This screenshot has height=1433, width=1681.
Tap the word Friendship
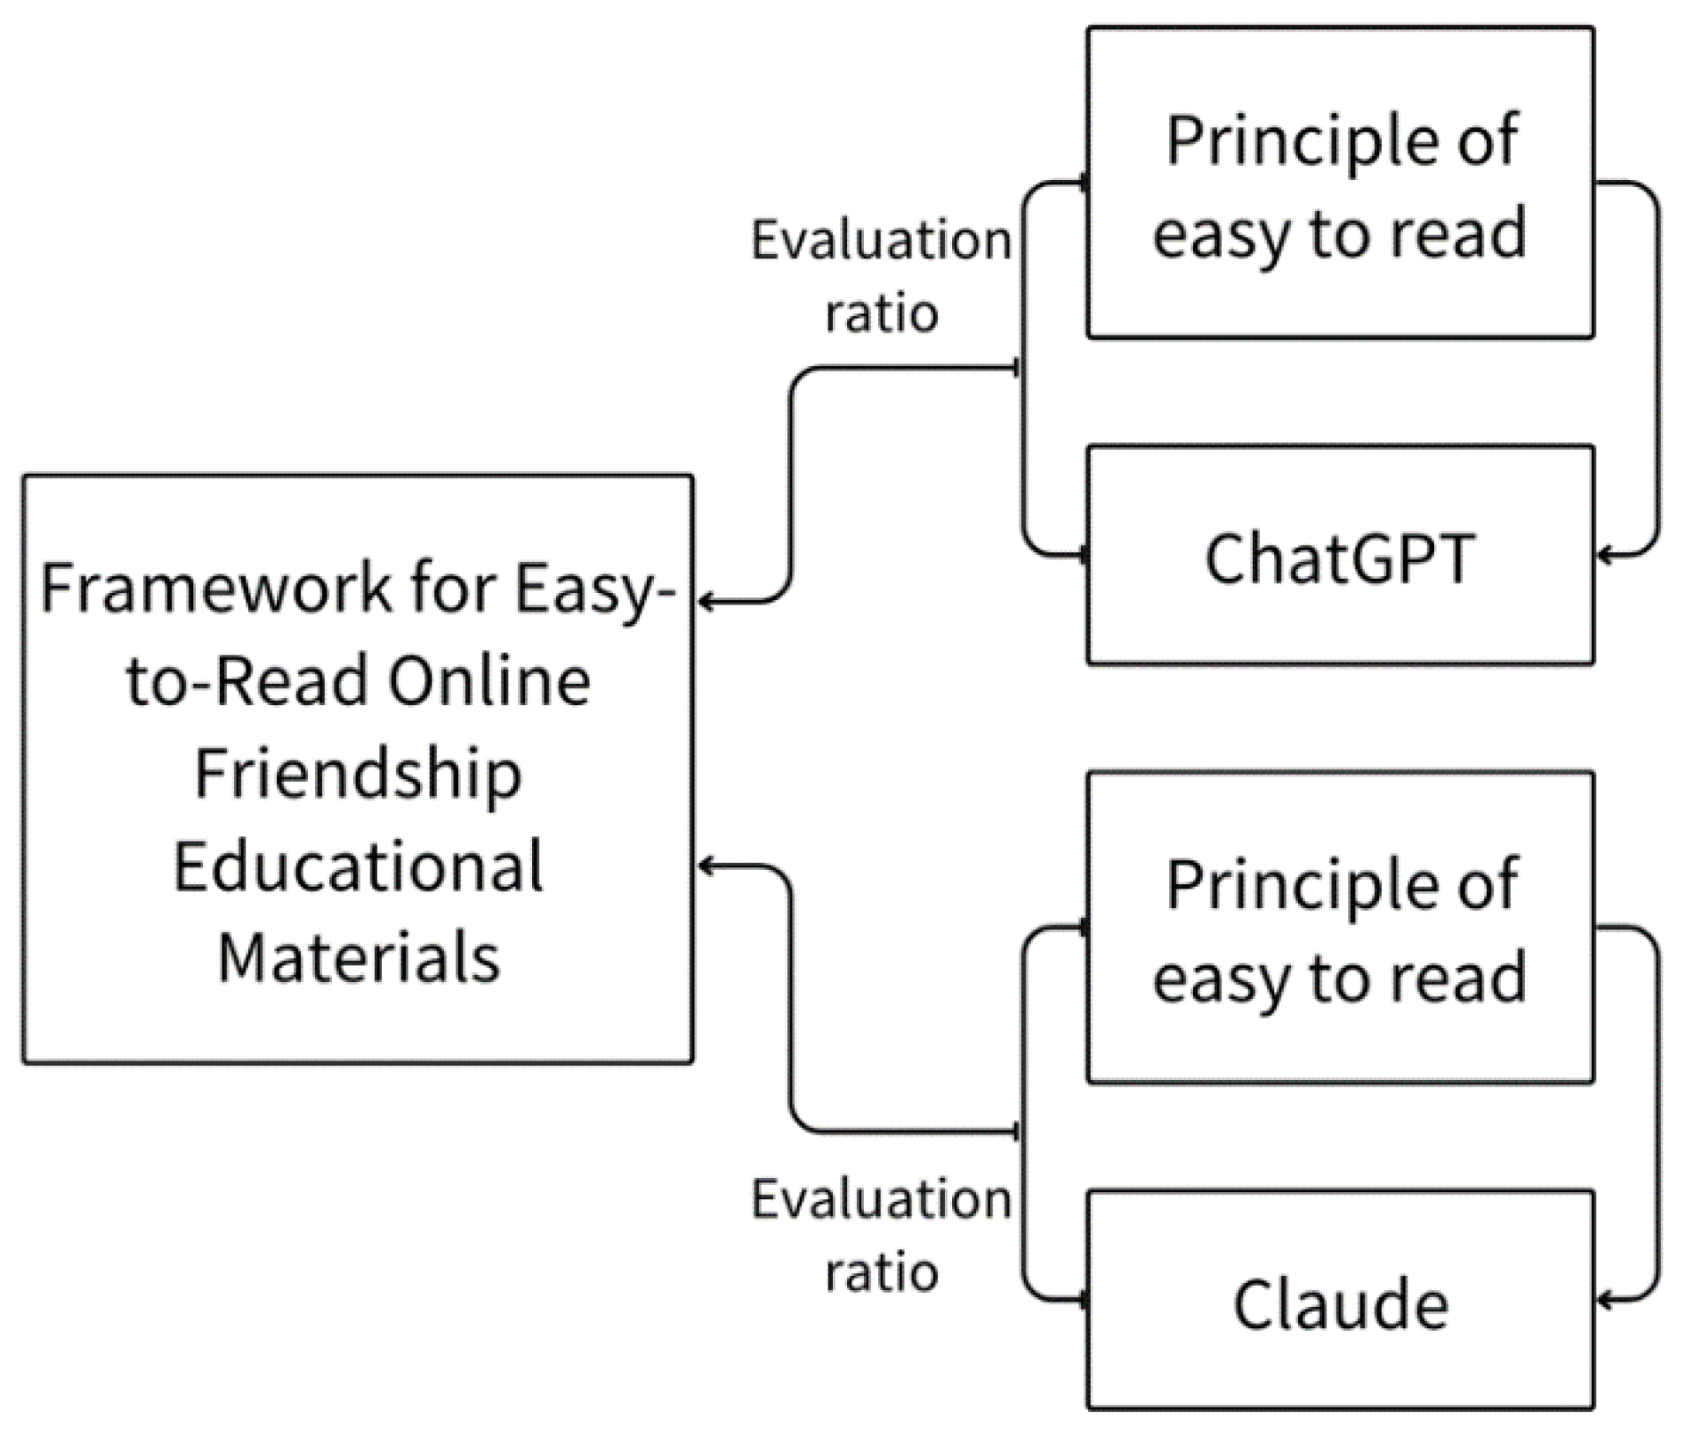point(357,773)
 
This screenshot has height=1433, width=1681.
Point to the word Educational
point(357,867)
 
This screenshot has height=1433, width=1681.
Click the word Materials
point(358,958)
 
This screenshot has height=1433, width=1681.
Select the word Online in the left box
point(490,681)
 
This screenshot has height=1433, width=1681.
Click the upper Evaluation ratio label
point(881,275)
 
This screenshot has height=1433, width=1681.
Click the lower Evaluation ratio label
point(881,1235)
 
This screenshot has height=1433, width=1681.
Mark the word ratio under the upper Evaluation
point(881,313)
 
